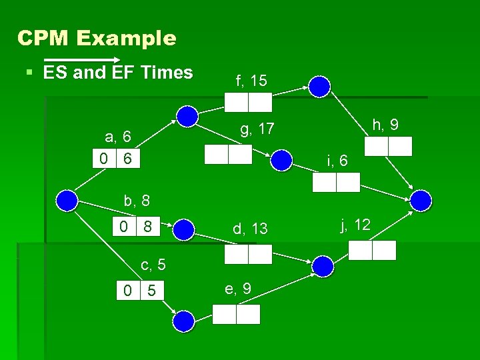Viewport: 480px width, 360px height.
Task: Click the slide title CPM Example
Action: (x=97, y=38)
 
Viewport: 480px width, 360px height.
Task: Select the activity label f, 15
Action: (x=251, y=81)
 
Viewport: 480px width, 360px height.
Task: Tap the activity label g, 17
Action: (x=257, y=129)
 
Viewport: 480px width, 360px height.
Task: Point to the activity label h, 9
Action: (x=386, y=124)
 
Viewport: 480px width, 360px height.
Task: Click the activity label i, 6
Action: (x=337, y=161)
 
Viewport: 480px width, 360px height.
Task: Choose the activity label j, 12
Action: (x=355, y=225)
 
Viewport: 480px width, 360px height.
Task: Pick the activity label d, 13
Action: (x=250, y=229)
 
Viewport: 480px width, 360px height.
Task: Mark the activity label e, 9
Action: (x=237, y=288)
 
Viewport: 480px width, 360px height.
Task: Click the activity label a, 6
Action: (x=119, y=137)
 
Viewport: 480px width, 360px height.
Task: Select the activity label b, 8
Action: (x=137, y=199)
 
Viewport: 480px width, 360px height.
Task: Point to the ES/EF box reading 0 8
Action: (x=135, y=227)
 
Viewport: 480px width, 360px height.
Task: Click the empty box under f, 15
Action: (x=248, y=102)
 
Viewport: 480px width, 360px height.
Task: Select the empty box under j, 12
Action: (x=372, y=250)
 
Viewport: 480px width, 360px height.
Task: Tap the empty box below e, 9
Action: (x=236, y=314)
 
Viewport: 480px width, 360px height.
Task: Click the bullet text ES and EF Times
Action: (x=118, y=72)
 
